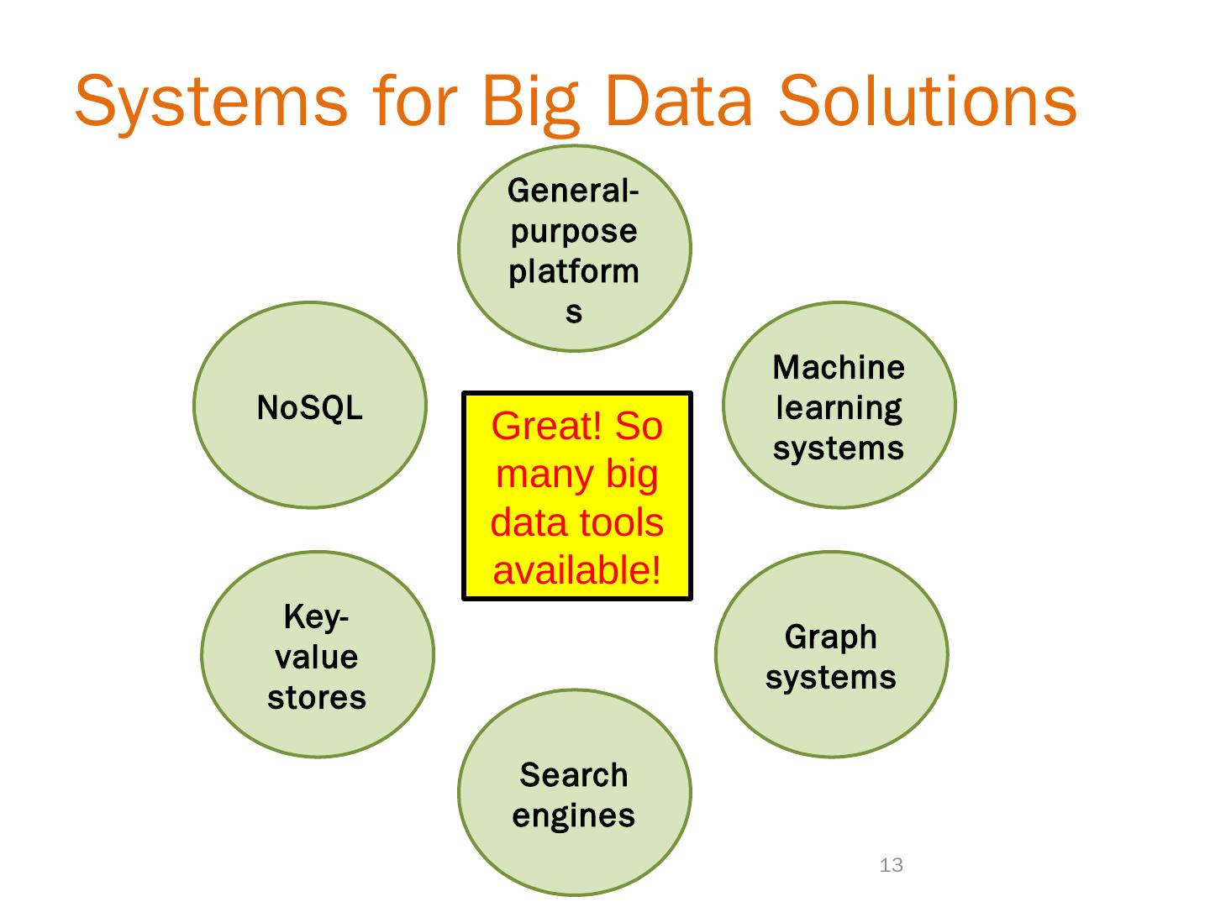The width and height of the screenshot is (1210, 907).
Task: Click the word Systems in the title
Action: point(210,102)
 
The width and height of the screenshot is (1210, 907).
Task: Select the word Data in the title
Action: point(677,102)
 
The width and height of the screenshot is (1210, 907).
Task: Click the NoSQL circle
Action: point(310,405)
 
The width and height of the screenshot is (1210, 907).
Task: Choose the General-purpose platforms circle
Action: point(574,249)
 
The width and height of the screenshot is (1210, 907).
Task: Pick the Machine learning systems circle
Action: point(839,405)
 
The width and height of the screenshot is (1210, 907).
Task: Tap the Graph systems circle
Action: point(831,654)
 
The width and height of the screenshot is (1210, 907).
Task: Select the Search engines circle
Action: point(574,793)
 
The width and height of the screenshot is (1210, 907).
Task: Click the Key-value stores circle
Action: point(317,654)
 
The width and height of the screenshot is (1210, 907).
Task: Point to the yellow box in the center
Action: point(576,495)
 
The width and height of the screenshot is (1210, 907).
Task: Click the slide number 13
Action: point(891,865)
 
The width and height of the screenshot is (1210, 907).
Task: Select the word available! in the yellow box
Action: point(576,571)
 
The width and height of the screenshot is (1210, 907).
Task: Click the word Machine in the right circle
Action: point(839,368)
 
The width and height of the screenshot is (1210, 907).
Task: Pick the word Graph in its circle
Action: point(831,637)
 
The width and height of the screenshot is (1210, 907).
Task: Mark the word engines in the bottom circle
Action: point(574,815)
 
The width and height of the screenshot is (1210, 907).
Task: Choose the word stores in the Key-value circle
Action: point(317,698)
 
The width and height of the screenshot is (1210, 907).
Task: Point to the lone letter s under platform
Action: point(574,312)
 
